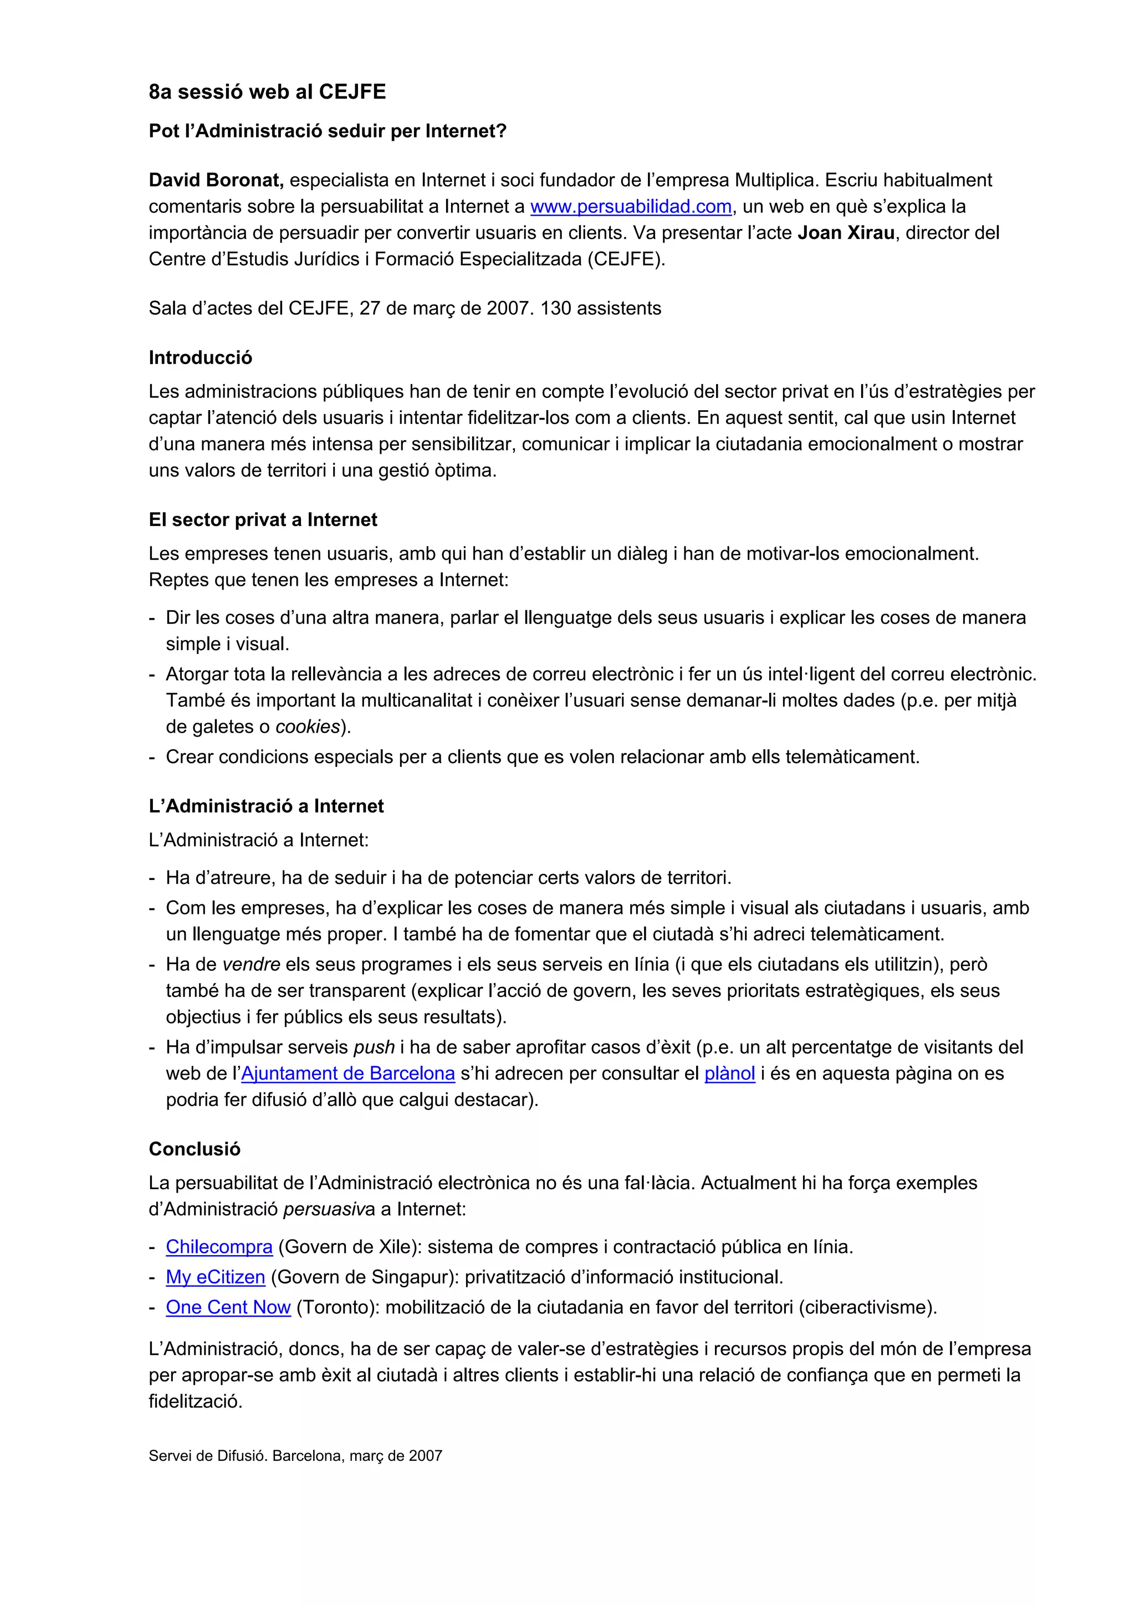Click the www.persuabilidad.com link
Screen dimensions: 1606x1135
(x=631, y=206)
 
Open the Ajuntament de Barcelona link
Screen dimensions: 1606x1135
(x=347, y=1073)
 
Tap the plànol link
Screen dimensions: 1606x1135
(x=729, y=1073)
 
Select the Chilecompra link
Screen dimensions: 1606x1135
(x=219, y=1246)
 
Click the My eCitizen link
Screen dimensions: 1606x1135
(x=216, y=1277)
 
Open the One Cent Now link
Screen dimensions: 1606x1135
(x=228, y=1307)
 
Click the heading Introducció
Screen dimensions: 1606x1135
(x=200, y=357)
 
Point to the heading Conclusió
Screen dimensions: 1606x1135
(x=195, y=1149)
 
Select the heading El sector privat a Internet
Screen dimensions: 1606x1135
(x=262, y=520)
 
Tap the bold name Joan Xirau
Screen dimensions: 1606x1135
(x=846, y=233)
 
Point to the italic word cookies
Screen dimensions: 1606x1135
(x=307, y=727)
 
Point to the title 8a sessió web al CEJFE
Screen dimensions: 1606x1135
(x=267, y=91)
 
